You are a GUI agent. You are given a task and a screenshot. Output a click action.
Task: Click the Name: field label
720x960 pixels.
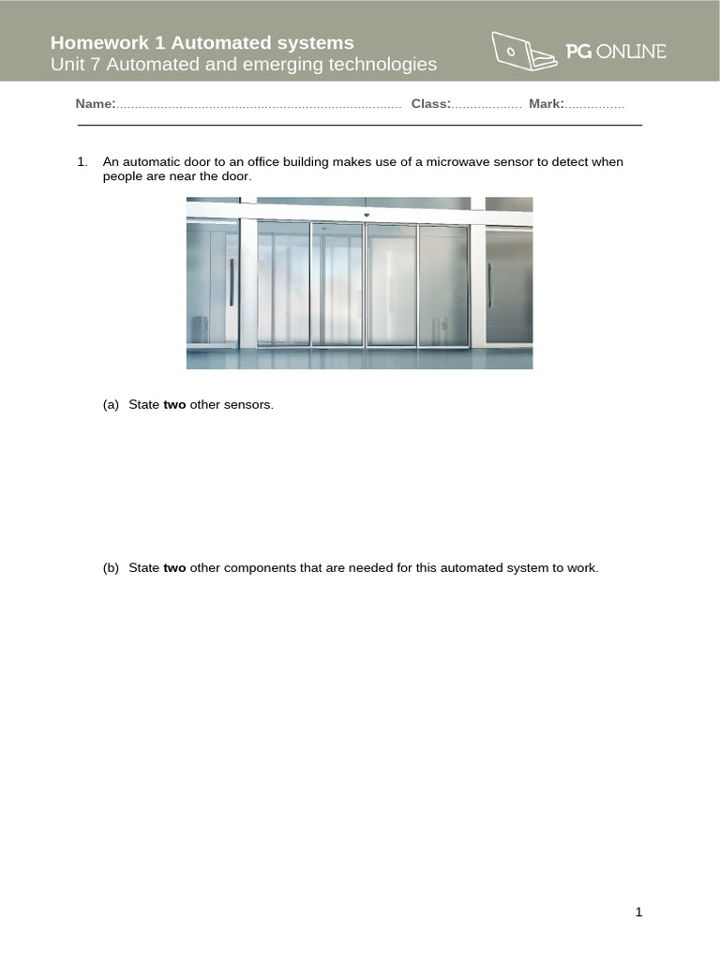(x=96, y=104)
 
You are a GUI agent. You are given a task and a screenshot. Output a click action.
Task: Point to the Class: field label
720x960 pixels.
(x=431, y=104)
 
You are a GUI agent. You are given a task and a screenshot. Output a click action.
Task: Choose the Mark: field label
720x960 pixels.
(x=547, y=104)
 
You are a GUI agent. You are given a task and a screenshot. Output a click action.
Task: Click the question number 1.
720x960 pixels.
(x=82, y=162)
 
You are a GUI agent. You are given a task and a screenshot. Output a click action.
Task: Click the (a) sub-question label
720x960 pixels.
(x=111, y=405)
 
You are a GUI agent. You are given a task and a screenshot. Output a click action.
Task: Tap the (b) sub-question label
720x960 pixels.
(x=111, y=568)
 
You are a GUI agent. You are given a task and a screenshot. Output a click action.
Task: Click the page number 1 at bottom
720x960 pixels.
(x=638, y=912)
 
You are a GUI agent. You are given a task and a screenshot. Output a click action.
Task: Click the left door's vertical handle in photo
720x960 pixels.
(x=232, y=282)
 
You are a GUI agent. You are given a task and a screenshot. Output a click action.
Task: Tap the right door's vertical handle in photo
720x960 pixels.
(x=489, y=282)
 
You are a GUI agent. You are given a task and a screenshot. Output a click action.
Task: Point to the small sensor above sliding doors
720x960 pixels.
(x=366, y=215)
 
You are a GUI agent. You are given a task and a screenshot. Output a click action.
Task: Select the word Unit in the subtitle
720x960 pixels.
(x=67, y=65)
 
